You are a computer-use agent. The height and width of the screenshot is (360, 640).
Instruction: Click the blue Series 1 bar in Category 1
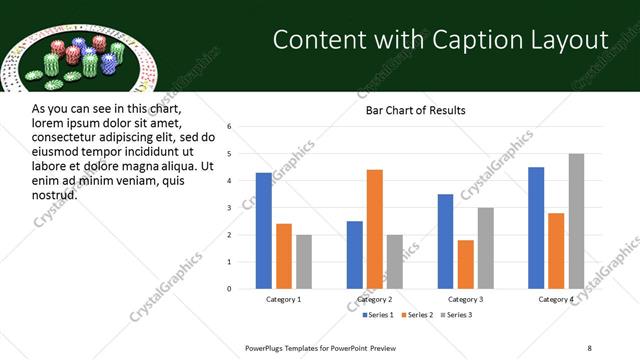pos(263,231)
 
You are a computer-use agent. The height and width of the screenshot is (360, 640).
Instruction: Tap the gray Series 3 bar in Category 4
pos(576,221)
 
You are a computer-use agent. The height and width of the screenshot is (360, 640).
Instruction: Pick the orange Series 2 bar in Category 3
pos(465,264)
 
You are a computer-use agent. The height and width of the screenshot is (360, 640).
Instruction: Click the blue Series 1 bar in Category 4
pos(536,228)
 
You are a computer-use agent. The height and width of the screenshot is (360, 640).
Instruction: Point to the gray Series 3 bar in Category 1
pos(304,262)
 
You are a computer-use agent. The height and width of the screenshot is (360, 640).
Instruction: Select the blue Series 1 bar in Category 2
pos(355,255)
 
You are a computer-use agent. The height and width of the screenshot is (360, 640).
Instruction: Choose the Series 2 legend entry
pos(416,316)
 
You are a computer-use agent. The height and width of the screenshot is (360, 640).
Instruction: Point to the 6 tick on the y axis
pos(229,127)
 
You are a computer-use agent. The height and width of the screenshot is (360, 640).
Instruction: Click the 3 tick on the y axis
pos(229,208)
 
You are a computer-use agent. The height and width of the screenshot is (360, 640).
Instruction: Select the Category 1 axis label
pos(283,300)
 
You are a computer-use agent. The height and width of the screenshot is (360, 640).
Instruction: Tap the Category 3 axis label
pos(465,300)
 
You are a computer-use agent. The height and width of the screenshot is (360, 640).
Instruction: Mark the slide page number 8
pos(589,347)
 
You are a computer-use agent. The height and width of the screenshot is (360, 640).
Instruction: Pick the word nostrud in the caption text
pos(54,194)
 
